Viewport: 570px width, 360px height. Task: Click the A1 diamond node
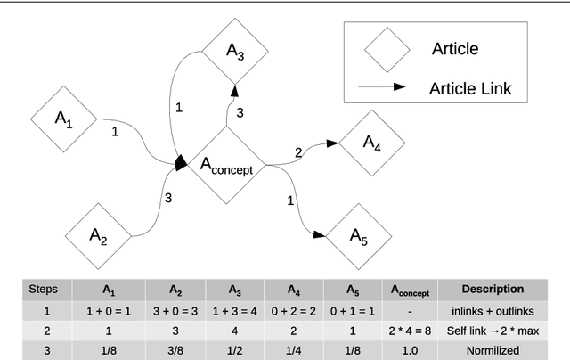(x=63, y=119)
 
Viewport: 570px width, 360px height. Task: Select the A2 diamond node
(x=98, y=236)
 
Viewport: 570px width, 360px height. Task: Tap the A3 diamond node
(x=235, y=50)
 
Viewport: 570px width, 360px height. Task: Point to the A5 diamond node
(x=356, y=236)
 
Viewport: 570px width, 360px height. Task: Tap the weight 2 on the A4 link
(x=298, y=152)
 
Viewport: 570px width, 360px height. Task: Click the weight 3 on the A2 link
(x=167, y=198)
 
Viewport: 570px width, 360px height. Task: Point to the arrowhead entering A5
(x=317, y=233)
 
